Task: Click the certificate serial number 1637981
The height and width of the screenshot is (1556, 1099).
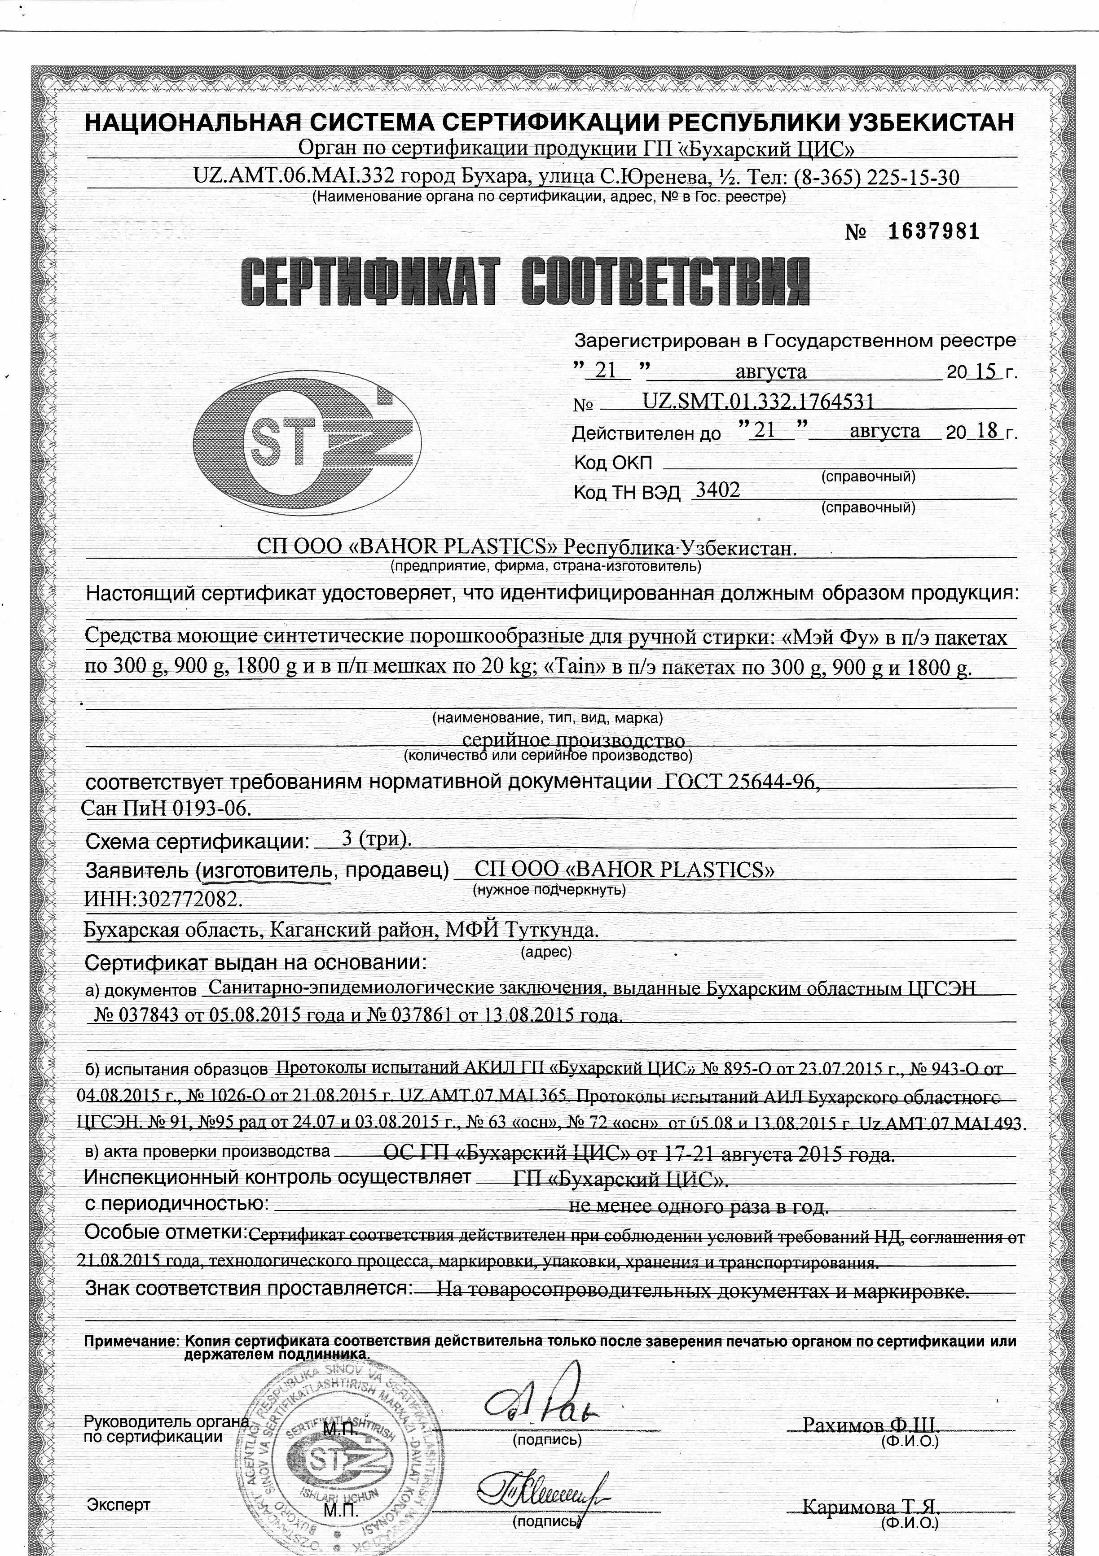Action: click(x=933, y=232)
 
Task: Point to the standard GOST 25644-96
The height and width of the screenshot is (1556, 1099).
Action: click(x=742, y=782)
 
